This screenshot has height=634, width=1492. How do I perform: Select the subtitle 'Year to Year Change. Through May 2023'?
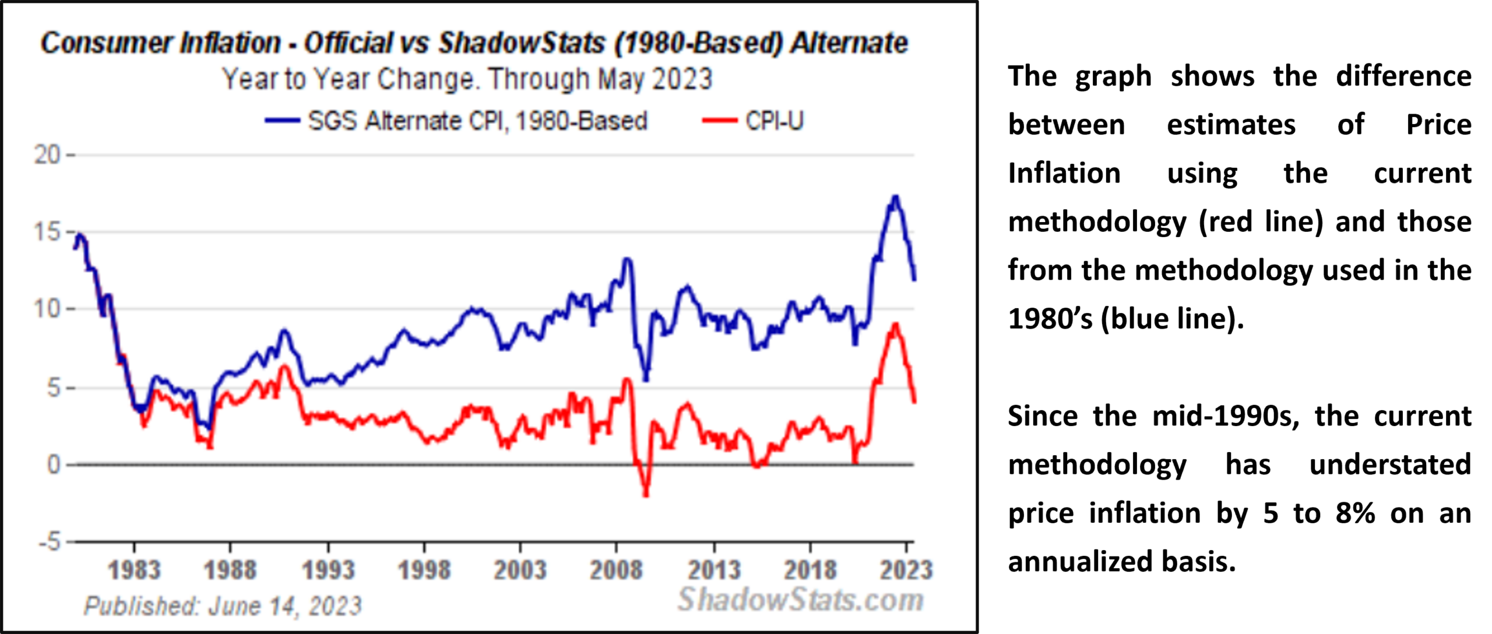(x=467, y=79)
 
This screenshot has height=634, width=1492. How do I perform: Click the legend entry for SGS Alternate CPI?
(x=456, y=121)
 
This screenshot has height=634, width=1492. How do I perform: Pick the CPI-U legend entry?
(x=753, y=121)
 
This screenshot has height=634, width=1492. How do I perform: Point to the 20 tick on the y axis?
(x=47, y=155)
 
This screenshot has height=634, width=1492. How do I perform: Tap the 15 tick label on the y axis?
(x=47, y=232)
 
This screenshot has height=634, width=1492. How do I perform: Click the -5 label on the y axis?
(x=50, y=542)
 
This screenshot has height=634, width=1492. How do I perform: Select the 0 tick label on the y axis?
(x=54, y=464)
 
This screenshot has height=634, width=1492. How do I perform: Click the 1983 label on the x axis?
(x=134, y=570)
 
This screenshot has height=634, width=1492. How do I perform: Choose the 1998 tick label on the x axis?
(x=424, y=570)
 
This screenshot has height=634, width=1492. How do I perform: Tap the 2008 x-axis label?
(x=616, y=570)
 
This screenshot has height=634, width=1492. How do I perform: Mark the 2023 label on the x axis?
(x=906, y=570)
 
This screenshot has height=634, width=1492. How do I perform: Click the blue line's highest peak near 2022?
(x=895, y=197)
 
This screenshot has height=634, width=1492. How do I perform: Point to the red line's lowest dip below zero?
(x=646, y=495)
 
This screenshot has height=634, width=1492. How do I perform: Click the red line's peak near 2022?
(x=895, y=324)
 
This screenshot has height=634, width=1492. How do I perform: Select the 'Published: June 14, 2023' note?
(x=223, y=606)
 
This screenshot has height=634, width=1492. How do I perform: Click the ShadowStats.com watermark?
(x=801, y=600)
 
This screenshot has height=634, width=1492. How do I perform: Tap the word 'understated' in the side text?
(x=1390, y=464)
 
